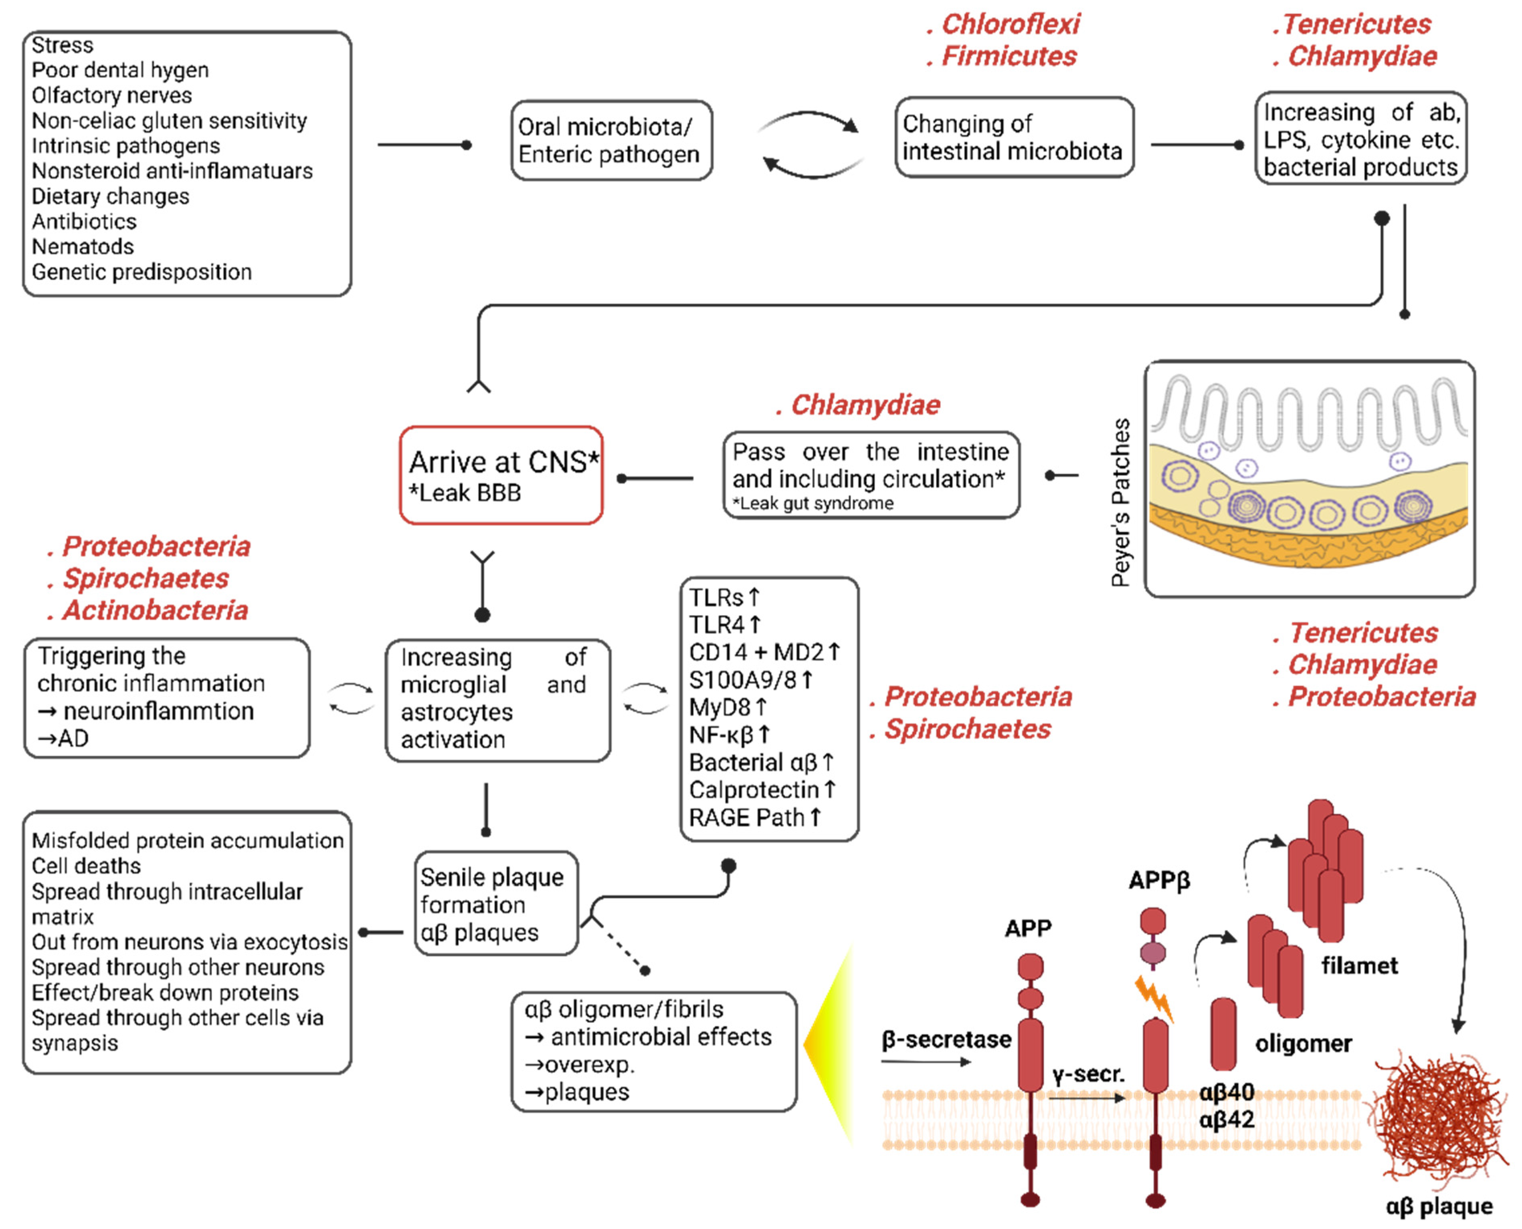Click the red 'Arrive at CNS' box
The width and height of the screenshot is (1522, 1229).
tap(501, 475)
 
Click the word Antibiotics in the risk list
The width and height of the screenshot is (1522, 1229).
tap(84, 222)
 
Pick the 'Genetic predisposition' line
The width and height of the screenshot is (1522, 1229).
tap(141, 272)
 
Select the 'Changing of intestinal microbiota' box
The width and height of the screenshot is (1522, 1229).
tap(1013, 137)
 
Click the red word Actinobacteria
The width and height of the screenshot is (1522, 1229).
tap(155, 610)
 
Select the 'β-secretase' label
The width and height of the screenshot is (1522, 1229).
tap(946, 1039)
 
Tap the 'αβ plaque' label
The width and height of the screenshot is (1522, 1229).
tap(1439, 1206)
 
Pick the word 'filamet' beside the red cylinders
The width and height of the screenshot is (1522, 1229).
tap(1359, 966)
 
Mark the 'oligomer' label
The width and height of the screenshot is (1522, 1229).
tap(1303, 1044)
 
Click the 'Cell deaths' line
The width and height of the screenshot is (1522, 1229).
tap(87, 866)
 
